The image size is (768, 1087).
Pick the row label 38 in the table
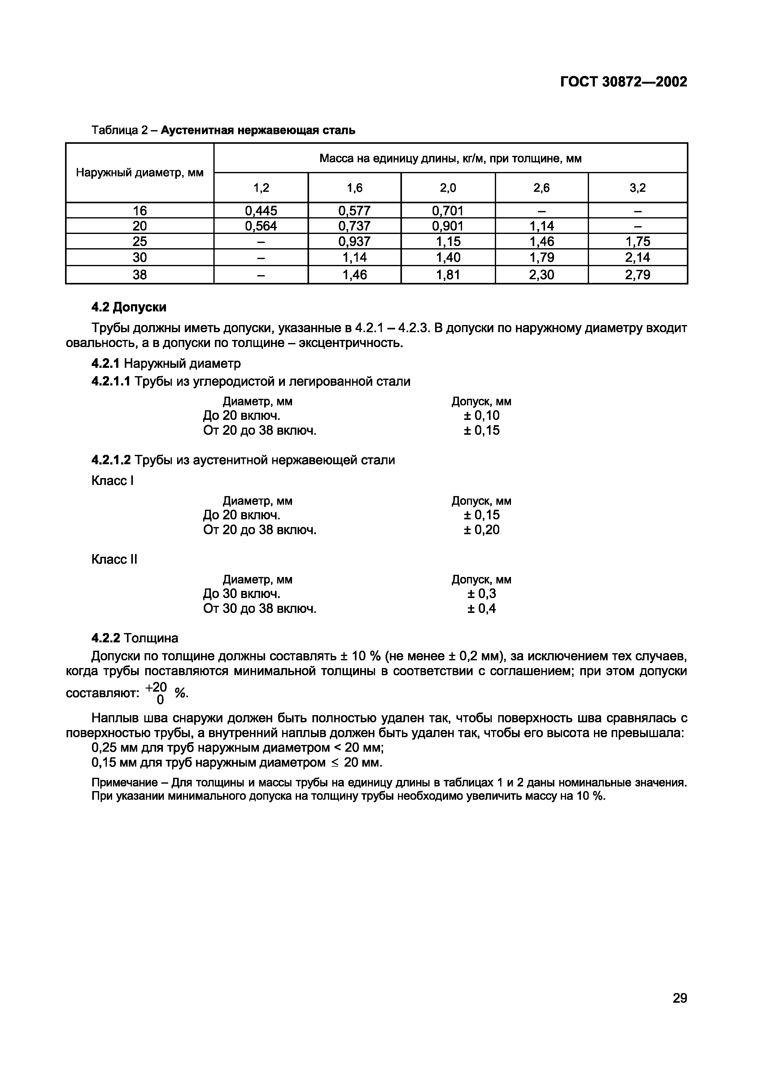click(140, 275)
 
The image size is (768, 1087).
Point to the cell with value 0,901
click(448, 226)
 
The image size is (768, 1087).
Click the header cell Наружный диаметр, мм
click(140, 173)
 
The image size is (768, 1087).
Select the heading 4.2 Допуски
click(129, 307)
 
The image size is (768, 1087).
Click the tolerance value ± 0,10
click(481, 416)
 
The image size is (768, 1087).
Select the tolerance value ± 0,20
click(481, 530)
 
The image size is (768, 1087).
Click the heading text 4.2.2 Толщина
click(135, 638)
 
